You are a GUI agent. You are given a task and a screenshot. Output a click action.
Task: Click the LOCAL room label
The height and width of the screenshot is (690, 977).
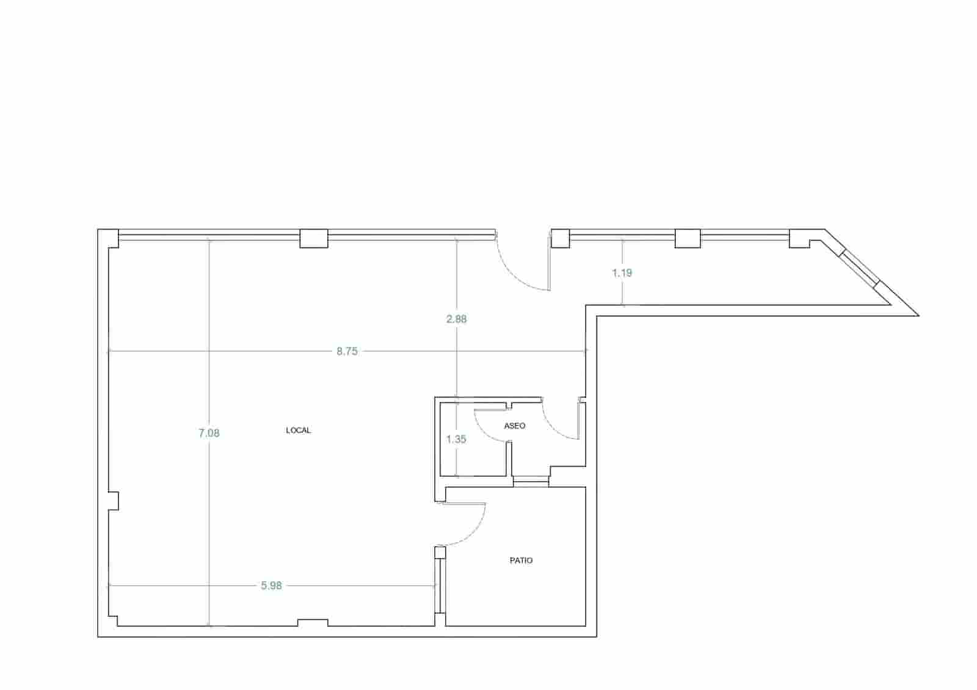pos(298,430)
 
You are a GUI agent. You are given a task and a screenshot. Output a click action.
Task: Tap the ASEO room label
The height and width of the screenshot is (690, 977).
pos(514,426)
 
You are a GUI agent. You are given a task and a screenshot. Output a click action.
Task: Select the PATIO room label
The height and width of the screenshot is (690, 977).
pos(521,560)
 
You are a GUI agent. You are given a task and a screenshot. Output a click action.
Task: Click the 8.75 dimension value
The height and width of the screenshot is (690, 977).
pos(347,351)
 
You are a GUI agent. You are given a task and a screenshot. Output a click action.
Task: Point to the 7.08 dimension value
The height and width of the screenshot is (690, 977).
pos(209,433)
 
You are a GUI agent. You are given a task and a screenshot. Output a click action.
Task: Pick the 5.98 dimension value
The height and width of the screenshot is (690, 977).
pos(271,586)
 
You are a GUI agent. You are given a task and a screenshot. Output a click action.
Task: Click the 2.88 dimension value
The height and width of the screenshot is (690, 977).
pos(457,319)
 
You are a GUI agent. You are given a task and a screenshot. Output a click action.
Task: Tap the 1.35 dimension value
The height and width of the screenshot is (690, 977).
pos(456,439)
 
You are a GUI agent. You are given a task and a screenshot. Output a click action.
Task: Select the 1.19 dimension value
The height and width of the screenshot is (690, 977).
pos(622,273)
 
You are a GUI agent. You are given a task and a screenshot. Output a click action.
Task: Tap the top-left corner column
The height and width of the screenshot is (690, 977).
pos(108,238)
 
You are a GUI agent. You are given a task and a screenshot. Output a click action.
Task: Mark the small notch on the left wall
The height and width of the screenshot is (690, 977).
pos(114,501)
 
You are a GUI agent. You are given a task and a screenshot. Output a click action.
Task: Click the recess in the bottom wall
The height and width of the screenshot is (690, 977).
pos(312,623)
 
